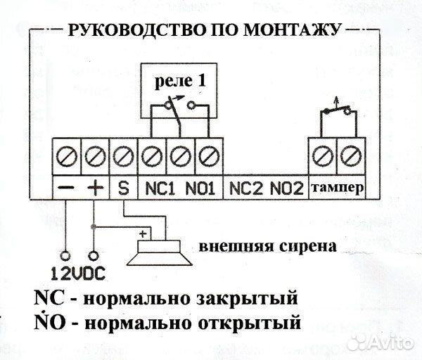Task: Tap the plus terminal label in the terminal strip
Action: coord(94,188)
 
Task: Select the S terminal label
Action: coord(123,188)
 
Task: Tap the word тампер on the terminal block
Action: coord(336,188)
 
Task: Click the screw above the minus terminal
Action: coord(67,152)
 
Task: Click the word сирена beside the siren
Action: coord(303,247)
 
